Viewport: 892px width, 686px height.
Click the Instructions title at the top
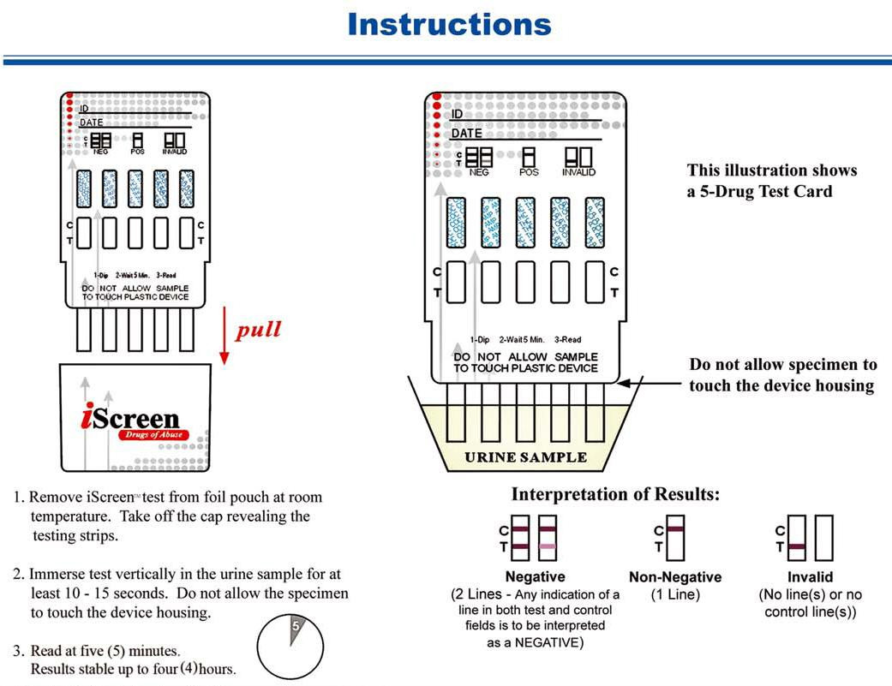pos(449,24)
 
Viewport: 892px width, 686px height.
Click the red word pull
pos(258,330)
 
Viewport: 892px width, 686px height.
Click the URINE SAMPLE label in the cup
pos(525,456)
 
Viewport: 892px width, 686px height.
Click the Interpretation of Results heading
pos(615,495)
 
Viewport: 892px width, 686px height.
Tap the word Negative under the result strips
pos(535,577)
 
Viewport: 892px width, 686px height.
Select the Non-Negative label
pos(675,577)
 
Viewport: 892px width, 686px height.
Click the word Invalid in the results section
pos(810,577)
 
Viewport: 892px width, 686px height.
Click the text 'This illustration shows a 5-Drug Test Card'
pos(771,181)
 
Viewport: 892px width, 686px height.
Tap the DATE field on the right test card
pos(467,134)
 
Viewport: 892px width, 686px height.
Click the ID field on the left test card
pos(84,109)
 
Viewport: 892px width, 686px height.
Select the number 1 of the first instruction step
pos(19,498)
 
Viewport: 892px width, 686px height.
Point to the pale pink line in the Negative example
pos(548,546)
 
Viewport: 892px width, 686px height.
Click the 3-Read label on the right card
pos(567,340)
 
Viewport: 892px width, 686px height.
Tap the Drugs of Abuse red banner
pos(154,435)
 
